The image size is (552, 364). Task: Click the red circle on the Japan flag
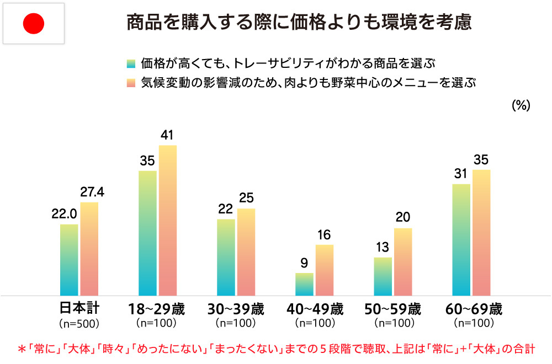pos(33,23)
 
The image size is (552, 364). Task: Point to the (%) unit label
pos(521,106)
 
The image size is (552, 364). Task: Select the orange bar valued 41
pos(168,221)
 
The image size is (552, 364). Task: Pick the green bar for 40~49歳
pos(304,284)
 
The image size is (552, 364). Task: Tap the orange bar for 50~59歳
pos(403,262)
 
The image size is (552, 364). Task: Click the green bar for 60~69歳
pos(461,240)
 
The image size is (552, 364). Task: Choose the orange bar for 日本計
pos(89,249)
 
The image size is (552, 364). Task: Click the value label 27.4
pos(92,192)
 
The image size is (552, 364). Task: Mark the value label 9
pos(304,263)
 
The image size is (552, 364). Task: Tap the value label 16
pos(324,234)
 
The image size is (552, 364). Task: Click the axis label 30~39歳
pos(236,308)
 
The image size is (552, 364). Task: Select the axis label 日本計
pos(79,308)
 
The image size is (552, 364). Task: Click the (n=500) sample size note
pos(79,323)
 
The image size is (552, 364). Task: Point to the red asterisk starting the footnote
pos(22,349)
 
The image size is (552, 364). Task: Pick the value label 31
pos(461,174)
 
